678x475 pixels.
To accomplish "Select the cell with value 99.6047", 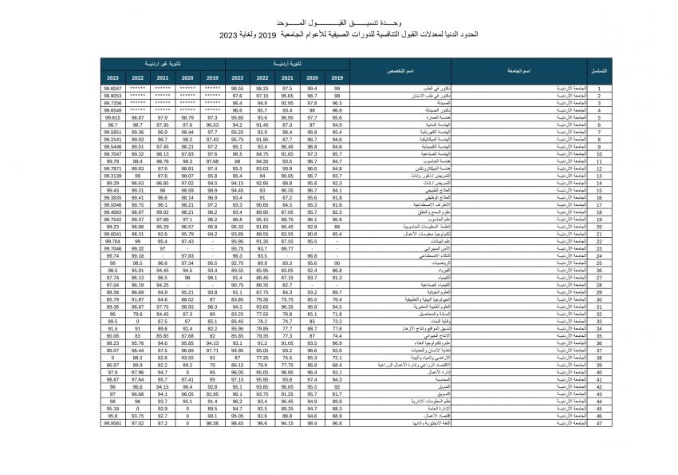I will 112,88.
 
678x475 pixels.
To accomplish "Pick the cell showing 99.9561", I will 112,423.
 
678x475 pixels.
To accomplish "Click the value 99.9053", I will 112,95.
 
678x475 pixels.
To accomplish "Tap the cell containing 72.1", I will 337,358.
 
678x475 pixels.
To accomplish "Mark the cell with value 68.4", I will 337,365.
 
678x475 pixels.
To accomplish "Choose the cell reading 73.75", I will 288,299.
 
